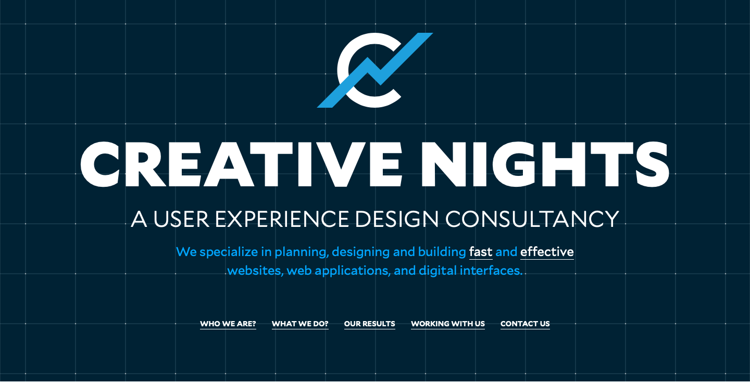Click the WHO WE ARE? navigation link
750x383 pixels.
(x=228, y=324)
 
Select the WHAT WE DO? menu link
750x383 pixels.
(x=300, y=324)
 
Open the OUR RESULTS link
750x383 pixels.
(x=370, y=324)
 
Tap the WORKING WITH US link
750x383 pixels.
(x=448, y=324)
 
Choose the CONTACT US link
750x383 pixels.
(x=525, y=324)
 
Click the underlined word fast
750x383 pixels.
(x=481, y=251)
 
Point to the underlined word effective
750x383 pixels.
(x=547, y=251)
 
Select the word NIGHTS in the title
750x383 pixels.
(x=545, y=164)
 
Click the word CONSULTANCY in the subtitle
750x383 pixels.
(x=532, y=219)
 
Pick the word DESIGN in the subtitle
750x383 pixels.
(x=396, y=219)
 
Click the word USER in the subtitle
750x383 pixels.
(x=181, y=219)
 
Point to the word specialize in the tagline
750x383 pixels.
(x=229, y=252)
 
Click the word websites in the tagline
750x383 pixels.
(x=255, y=271)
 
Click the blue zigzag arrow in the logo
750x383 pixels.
(x=375, y=70)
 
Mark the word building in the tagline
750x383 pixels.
(x=442, y=252)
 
